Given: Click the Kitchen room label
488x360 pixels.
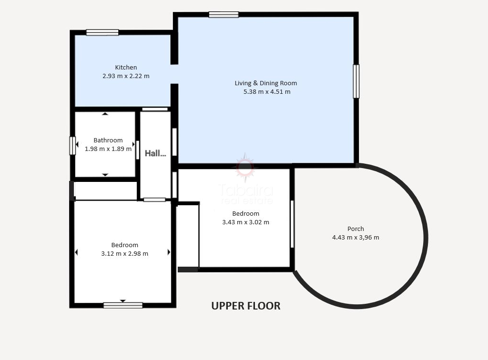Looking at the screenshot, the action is point(126,67).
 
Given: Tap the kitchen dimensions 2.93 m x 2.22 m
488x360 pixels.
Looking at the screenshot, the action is point(126,76).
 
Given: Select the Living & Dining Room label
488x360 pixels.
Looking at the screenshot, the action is point(266,83).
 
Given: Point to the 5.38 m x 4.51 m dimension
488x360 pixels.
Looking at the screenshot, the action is point(267,92).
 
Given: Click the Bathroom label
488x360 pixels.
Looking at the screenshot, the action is point(108,140).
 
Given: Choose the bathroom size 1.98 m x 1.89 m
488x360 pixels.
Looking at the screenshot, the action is point(108,149).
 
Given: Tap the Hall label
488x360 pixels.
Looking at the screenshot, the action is point(155,153).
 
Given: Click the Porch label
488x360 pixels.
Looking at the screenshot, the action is point(356,229).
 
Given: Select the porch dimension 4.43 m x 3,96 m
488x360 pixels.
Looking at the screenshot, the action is point(356,238).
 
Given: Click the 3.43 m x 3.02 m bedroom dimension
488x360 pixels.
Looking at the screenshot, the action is point(245,222).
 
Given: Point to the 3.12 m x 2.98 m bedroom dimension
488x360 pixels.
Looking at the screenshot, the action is point(124,254).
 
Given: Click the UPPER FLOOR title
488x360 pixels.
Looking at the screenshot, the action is point(246,306).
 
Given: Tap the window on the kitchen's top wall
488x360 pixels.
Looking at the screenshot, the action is point(102,32).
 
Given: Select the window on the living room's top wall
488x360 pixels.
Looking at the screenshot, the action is point(224,14).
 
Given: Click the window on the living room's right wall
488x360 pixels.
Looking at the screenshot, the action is point(356,81).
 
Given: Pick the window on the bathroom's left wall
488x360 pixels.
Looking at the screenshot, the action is point(72,146).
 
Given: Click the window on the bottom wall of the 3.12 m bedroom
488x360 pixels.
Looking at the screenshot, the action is point(123,305).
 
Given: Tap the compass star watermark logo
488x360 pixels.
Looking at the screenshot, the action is point(245,168).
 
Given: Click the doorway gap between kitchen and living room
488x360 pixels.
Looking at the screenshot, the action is point(174,74).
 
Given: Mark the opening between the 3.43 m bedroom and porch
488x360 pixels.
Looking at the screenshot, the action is point(292,224).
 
